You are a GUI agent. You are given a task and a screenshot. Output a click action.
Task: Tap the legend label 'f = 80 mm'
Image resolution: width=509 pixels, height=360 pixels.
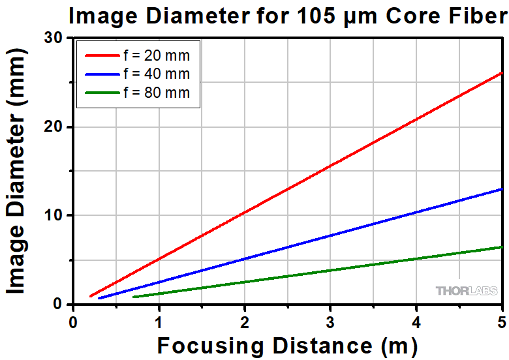157,93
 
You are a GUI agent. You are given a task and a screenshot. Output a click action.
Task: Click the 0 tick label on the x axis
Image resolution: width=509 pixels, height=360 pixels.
73,322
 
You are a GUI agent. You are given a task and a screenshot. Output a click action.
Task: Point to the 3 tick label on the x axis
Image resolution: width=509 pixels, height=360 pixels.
330,322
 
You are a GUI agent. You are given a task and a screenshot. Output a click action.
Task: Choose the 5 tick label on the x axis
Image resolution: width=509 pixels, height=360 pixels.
502,322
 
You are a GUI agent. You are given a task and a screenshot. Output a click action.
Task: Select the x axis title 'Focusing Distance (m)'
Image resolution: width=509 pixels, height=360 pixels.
287,345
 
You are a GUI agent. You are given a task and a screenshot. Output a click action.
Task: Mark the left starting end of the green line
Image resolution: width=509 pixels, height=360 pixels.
133,297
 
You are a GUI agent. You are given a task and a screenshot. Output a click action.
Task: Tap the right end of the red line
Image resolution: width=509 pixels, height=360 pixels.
502,72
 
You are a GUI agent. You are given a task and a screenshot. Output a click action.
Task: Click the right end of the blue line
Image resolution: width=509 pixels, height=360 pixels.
502,189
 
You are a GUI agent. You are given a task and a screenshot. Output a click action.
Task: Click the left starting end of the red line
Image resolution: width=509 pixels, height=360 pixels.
91,296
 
